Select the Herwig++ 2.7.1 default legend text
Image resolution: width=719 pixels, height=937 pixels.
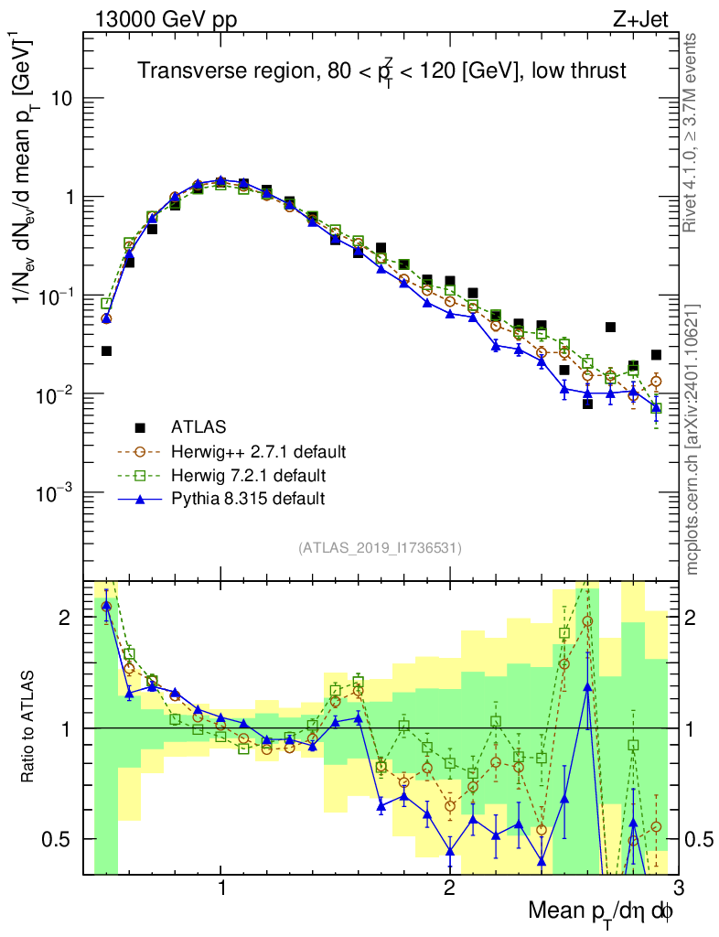pos(258,451)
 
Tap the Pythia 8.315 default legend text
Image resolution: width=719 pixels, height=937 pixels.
pos(248,499)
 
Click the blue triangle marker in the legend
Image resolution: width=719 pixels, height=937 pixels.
pos(140,499)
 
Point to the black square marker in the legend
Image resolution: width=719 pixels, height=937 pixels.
pos(140,427)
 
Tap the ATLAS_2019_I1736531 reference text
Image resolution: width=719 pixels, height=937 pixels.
pos(380,548)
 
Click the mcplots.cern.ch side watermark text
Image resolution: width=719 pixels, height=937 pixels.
pos(692,439)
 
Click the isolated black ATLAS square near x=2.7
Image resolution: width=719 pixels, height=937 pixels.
pos(610,327)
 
